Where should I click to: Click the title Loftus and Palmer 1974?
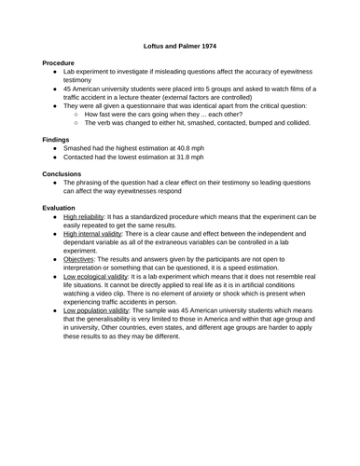[180, 44]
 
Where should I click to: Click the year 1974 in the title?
[215, 44]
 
